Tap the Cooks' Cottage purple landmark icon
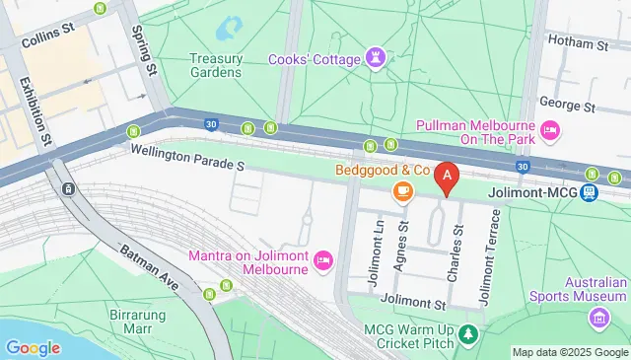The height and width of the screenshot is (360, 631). tap(375, 57)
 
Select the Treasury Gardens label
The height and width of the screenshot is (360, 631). tap(215, 65)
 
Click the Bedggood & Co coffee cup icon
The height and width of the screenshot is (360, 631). tap(401, 192)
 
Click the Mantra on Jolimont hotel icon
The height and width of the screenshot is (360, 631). tap(322, 260)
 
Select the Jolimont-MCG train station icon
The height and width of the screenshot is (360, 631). tap(590, 192)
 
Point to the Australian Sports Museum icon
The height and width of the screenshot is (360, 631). tap(598, 318)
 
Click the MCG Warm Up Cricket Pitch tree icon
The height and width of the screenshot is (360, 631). tap(470, 337)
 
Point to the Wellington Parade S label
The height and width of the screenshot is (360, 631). tap(186, 155)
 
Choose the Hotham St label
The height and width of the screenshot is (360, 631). tap(582, 45)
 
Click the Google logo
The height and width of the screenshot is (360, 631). tap(33, 347)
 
